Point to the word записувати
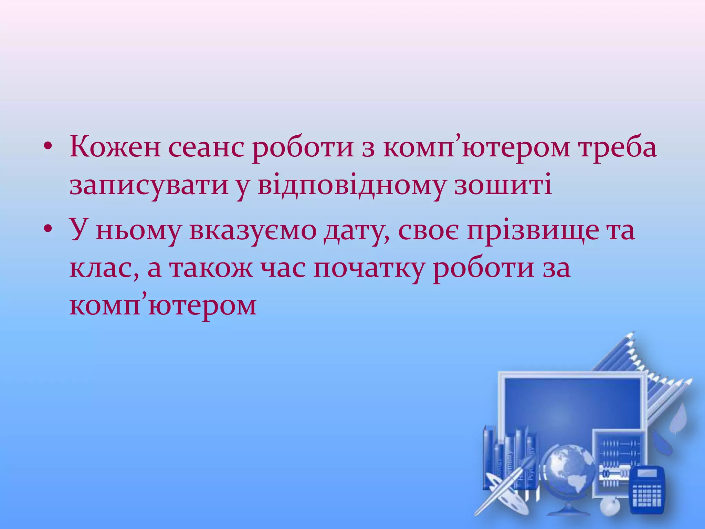(x=149, y=186)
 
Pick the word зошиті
(x=503, y=186)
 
